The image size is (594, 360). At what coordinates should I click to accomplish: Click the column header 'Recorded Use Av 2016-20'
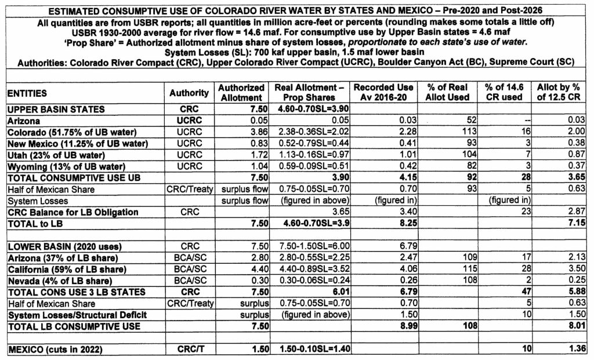tap(383, 92)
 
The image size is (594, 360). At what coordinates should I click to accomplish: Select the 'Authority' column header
tap(189, 93)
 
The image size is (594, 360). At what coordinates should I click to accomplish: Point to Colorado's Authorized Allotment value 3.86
tap(255, 132)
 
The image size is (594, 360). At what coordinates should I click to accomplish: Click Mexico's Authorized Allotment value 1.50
tap(255, 350)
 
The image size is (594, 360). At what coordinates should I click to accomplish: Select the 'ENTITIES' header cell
tap(28, 93)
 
